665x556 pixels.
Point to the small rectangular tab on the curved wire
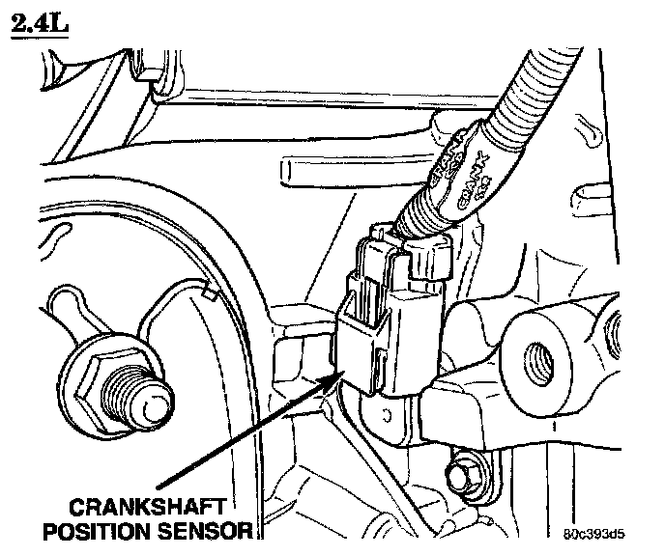(x=205, y=290)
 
